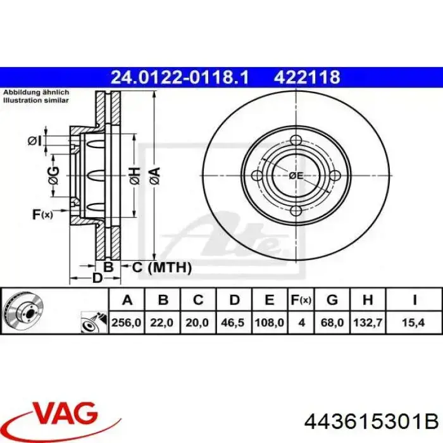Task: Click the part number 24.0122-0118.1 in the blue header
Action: click(180, 77)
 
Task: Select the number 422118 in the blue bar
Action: click(307, 77)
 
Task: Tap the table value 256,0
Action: click(127, 323)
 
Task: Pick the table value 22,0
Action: click(163, 323)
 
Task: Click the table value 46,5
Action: click(233, 323)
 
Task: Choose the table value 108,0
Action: click(269, 323)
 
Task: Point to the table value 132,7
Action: click(367, 323)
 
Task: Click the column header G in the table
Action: click(332, 300)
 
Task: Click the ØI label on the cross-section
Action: click(34, 140)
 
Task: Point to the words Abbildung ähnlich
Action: click(35, 92)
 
